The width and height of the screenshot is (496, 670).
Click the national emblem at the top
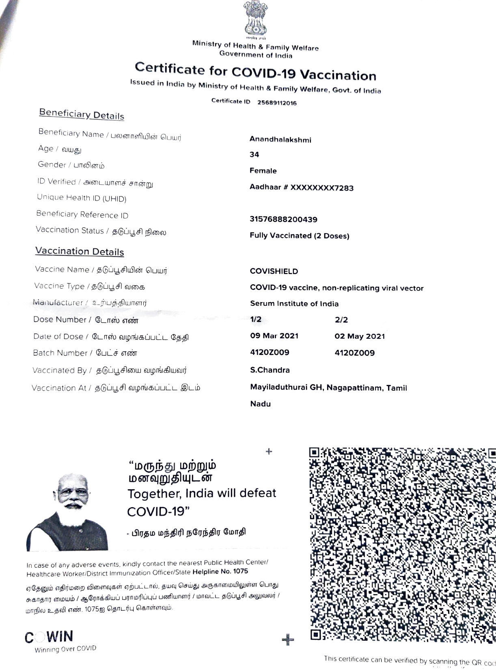256,18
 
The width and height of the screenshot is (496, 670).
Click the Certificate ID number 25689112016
277,103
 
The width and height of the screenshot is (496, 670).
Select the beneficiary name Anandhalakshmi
280,140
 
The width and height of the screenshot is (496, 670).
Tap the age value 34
254,155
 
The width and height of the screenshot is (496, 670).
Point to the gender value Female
263,171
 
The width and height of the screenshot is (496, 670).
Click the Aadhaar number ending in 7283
302,188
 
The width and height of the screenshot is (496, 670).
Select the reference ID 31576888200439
283,220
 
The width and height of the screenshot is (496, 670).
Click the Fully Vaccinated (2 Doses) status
300,236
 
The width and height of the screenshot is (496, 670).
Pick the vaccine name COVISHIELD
274,271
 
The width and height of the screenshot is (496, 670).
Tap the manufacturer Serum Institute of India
294,304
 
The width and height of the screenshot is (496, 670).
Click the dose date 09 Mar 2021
274,336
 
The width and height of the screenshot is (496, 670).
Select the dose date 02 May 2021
360,336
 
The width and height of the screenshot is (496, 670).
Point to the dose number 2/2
341,320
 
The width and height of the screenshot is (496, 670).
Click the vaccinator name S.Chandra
270,370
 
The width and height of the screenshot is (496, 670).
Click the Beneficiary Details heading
82,114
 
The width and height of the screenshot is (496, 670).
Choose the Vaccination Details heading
80,251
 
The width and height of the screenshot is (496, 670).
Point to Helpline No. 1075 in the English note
220,572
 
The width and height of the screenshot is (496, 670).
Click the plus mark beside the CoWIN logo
288,640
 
